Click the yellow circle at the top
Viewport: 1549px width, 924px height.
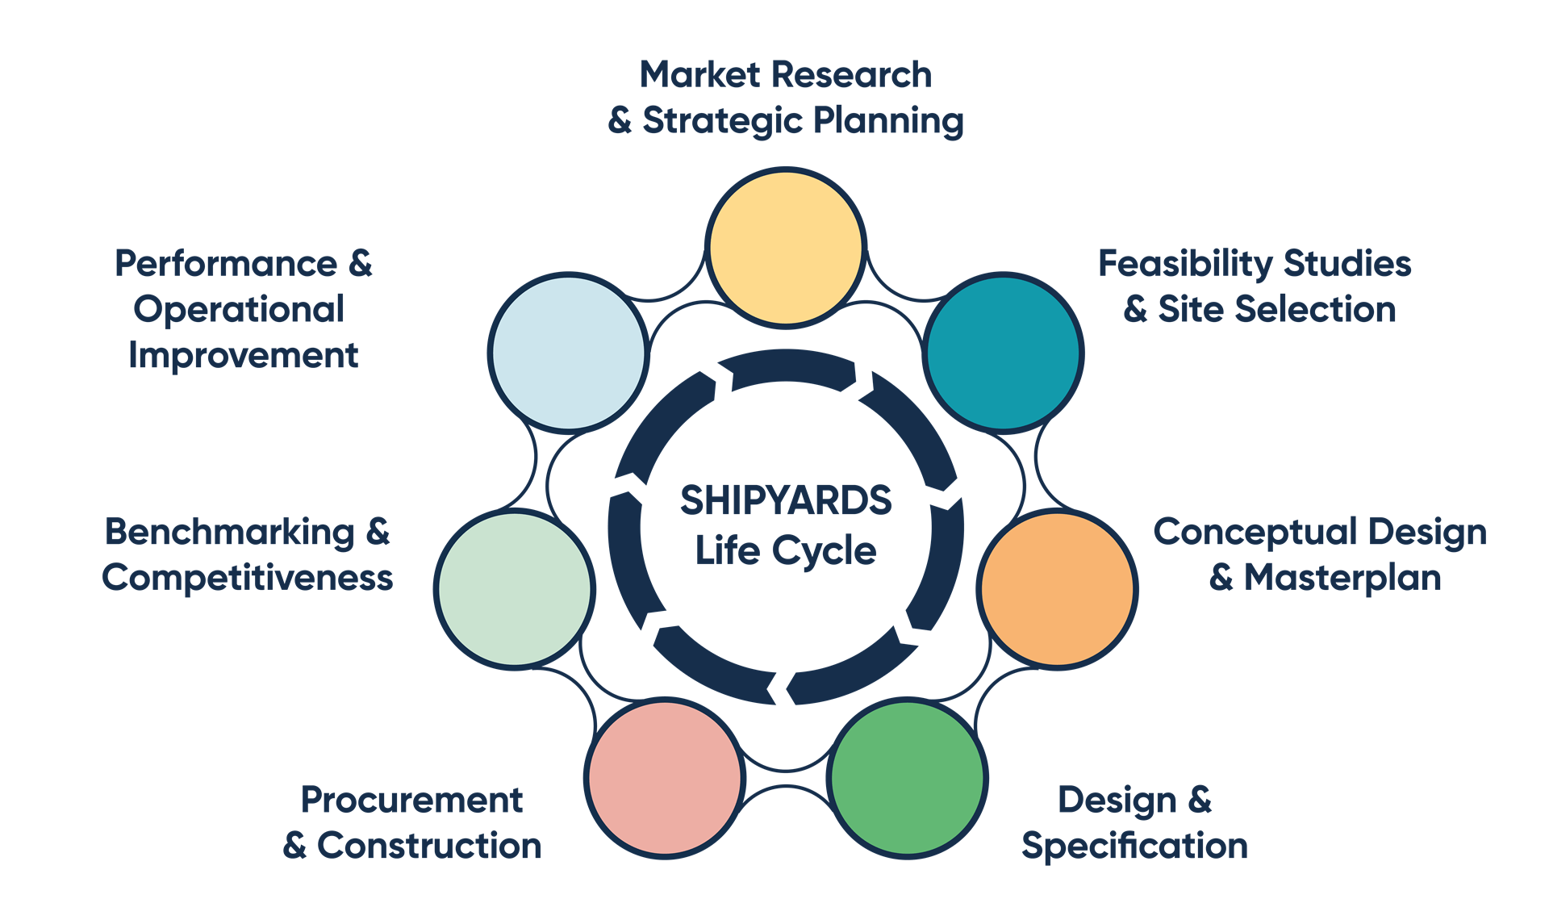coord(786,247)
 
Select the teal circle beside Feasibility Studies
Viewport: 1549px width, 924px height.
coord(1003,353)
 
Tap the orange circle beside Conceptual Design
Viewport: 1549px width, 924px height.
coord(1057,589)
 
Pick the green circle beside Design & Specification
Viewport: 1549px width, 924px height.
coord(908,778)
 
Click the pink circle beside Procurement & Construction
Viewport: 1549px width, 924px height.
coord(665,778)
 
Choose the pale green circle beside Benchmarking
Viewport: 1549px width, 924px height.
coord(515,589)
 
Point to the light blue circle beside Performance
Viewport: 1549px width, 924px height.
coord(569,353)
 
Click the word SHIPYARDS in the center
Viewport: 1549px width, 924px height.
coord(786,500)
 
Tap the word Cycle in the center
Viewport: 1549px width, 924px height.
coord(824,552)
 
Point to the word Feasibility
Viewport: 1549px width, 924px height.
coord(1184,264)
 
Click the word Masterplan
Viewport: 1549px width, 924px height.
coord(1342,578)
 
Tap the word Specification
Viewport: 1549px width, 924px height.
coord(1134,847)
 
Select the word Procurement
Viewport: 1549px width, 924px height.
coord(411,801)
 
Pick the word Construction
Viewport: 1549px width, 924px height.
coord(429,846)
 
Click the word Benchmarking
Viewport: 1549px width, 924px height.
coord(230,533)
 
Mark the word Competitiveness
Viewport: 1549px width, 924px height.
coord(248,578)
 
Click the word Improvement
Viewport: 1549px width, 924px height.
coord(243,355)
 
